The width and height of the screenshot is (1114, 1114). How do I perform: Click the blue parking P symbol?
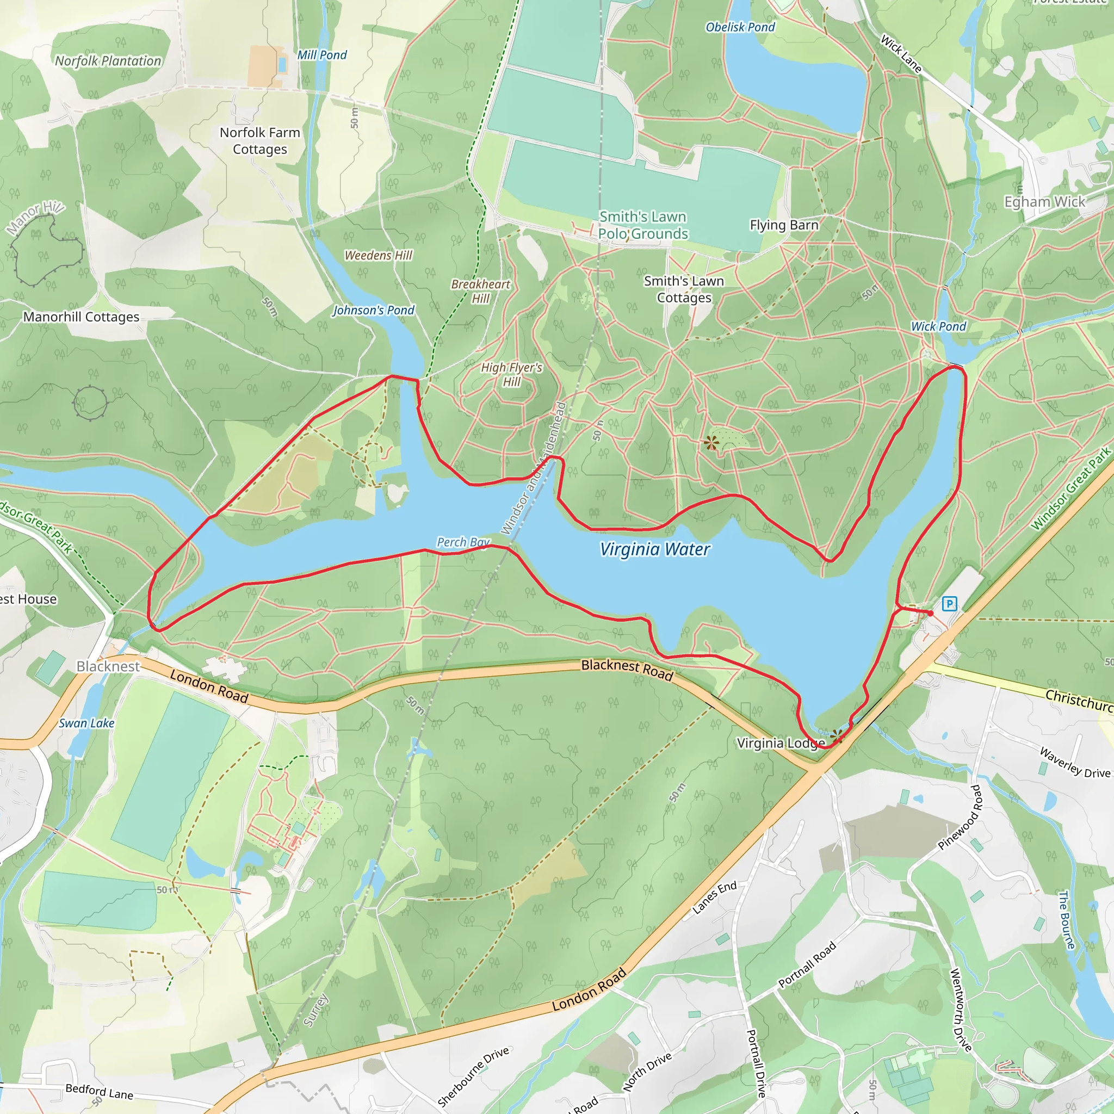pyautogui.click(x=949, y=604)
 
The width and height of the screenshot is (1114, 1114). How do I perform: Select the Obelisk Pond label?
pyautogui.click(x=740, y=27)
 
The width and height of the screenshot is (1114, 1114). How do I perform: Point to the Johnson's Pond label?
pyautogui.click(x=373, y=310)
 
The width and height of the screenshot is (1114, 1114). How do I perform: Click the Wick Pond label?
pyautogui.click(x=938, y=326)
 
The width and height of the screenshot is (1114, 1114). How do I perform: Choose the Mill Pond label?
pyautogui.click(x=322, y=55)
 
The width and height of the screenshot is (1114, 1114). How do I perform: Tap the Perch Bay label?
pyautogui.click(x=463, y=542)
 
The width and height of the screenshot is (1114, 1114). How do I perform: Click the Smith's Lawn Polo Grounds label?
pyautogui.click(x=643, y=225)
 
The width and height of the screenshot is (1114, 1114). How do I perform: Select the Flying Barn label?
pyautogui.click(x=784, y=225)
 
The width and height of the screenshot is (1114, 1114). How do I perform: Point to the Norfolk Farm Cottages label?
pyautogui.click(x=259, y=141)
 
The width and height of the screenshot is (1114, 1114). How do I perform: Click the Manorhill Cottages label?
pyautogui.click(x=81, y=317)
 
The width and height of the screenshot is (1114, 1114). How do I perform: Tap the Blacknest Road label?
pyautogui.click(x=627, y=670)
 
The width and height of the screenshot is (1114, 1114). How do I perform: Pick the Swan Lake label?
pyautogui.click(x=86, y=723)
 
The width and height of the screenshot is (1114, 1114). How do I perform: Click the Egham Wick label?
pyautogui.click(x=1044, y=202)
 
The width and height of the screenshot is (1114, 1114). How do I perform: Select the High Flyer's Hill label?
pyautogui.click(x=511, y=375)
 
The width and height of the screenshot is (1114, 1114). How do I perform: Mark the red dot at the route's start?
pyautogui.click(x=930, y=613)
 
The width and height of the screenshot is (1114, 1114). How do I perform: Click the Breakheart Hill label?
pyautogui.click(x=480, y=291)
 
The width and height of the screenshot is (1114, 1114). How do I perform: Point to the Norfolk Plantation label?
pyautogui.click(x=108, y=61)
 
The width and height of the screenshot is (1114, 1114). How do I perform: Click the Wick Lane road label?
pyautogui.click(x=901, y=54)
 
